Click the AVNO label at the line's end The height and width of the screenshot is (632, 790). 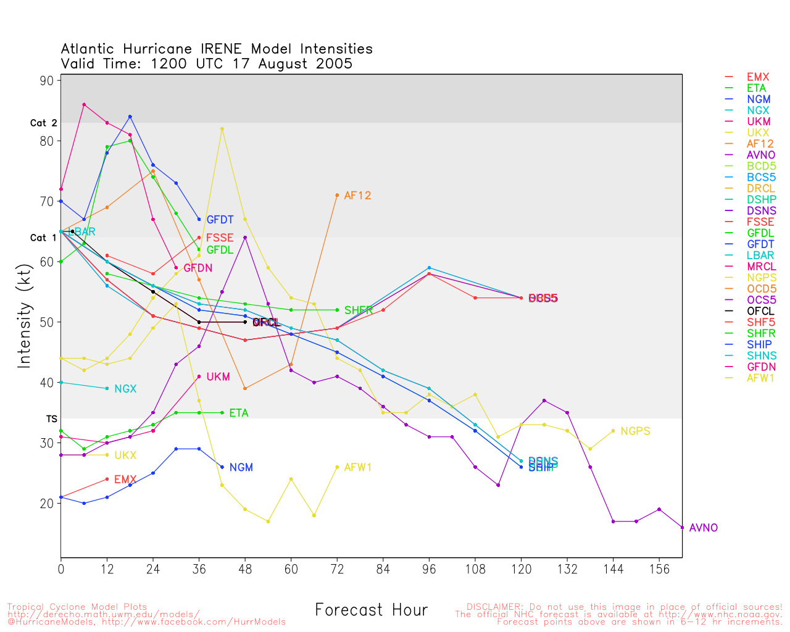pos(703,528)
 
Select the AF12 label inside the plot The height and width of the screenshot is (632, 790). pos(357,196)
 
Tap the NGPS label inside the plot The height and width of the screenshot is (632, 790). pos(635,431)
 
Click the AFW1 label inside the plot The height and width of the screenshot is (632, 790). pos(357,468)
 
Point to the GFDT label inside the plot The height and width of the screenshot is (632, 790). pos(220,220)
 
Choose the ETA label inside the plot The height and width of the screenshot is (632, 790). pos(238,414)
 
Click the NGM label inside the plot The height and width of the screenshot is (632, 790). pos(241,468)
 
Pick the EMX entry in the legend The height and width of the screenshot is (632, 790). pos(758,77)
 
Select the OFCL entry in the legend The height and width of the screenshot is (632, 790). pos(760,311)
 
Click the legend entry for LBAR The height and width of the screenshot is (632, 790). pos(760,256)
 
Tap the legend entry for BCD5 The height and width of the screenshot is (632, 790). pos(761,167)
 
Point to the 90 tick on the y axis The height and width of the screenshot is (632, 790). pos(48,81)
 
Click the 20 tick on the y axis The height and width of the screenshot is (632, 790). pos(48,504)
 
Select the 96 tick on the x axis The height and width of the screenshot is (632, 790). pos(430,569)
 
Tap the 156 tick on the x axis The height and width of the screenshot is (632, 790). pos(659,569)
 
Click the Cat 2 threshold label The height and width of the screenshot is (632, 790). pos(43,123)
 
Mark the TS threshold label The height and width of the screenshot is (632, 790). pos(51,419)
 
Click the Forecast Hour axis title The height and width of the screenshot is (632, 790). pos(371,610)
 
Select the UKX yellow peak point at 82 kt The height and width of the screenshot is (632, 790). pos(222,129)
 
